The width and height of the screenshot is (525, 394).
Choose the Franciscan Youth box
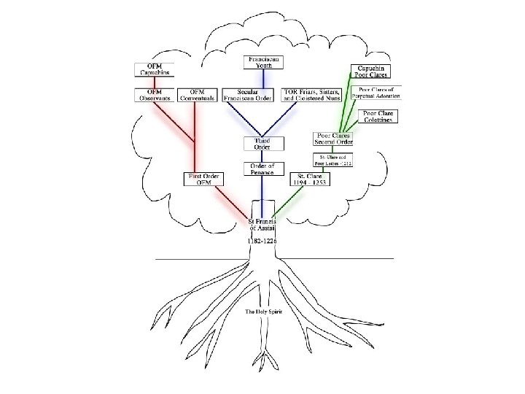click(262, 62)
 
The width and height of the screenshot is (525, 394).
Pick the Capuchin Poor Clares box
click(372, 70)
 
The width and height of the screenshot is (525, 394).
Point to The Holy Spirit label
click(262, 312)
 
